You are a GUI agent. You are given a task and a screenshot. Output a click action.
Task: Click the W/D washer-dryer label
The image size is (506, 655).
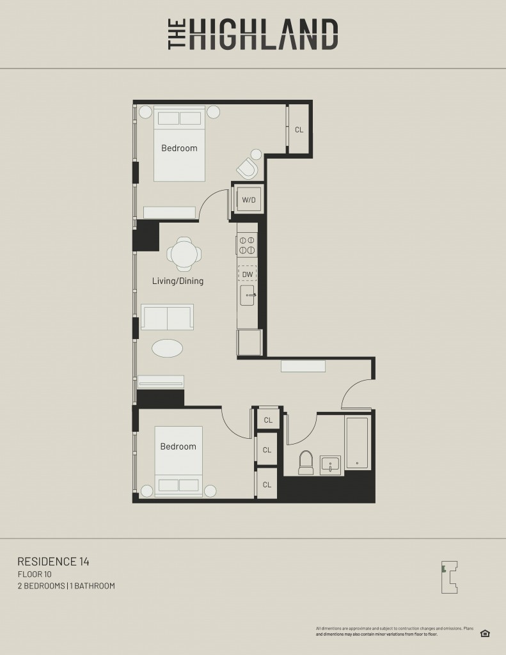249,200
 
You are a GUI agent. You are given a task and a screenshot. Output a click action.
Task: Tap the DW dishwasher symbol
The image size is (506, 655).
248,274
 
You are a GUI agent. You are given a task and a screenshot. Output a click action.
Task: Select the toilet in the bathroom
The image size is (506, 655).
306,462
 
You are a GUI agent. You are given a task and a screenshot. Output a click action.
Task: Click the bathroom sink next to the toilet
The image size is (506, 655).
331,466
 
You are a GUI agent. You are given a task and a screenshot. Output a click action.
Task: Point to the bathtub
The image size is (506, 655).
357,443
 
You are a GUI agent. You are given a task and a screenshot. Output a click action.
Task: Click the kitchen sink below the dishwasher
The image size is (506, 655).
248,296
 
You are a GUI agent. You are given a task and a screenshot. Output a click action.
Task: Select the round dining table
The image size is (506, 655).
184,254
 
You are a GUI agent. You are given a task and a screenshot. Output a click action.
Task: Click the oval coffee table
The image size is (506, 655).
167,348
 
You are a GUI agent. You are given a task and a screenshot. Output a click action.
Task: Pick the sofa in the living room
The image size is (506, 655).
167,317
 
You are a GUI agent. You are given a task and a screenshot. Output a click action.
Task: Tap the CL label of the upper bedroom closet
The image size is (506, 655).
299,129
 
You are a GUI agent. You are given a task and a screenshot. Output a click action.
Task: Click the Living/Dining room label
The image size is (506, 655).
178,281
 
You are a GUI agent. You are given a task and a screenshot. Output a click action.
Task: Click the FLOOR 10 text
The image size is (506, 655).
35,574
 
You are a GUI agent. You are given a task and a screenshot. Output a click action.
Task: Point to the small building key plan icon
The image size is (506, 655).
450,578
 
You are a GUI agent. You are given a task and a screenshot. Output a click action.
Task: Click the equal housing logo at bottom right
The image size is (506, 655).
485,633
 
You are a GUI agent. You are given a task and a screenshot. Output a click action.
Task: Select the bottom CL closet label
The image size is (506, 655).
267,485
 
